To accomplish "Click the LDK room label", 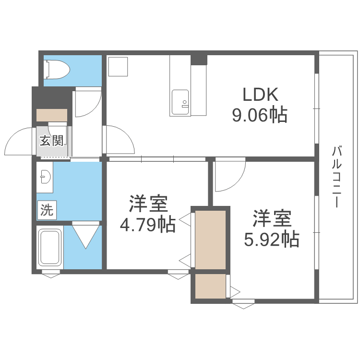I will click(x=260, y=95).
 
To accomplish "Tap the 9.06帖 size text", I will click(x=260, y=115).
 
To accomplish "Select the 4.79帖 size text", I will click(x=147, y=225).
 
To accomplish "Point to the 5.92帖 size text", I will click(x=271, y=239).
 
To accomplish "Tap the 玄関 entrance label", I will click(x=52, y=141).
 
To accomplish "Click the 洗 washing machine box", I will click(x=47, y=209).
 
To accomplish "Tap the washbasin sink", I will click(x=45, y=177).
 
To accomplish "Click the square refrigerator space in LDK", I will click(x=118, y=67).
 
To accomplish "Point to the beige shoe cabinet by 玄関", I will click(x=52, y=116).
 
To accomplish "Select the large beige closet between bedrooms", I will click(x=210, y=239).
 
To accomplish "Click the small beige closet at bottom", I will click(x=210, y=287).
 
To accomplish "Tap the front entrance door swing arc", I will click(x=19, y=139).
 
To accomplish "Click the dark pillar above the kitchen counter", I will click(x=199, y=60).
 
